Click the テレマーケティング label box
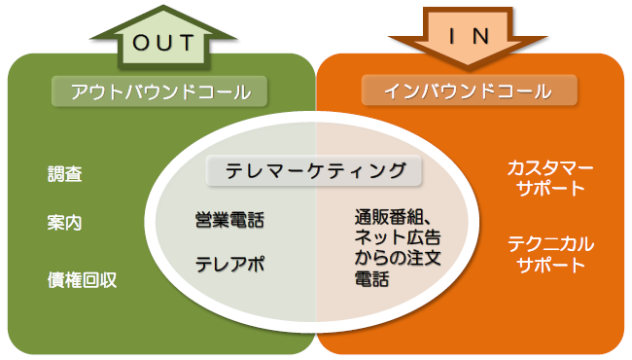[x=316, y=170]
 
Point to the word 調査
[x=65, y=175]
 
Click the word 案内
[x=65, y=222]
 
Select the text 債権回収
[x=83, y=279]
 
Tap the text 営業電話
[x=229, y=220]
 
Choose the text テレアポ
[x=229, y=264]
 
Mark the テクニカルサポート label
[x=550, y=253]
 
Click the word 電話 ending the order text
[x=370, y=280]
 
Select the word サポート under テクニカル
[x=550, y=265]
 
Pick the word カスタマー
[x=550, y=167]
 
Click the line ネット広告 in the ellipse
[x=396, y=237]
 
